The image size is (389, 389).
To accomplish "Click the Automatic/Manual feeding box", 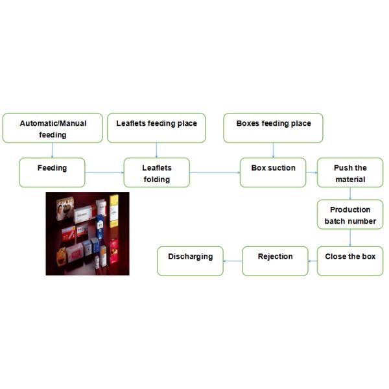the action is pyautogui.click(x=53, y=128).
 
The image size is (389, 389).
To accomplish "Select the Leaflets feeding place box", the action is pyautogui.click(x=156, y=128).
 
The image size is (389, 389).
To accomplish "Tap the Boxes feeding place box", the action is pyautogui.click(x=274, y=128).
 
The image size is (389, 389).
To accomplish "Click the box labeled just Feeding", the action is pyautogui.click(x=52, y=172).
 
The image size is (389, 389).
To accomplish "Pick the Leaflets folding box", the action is pyautogui.click(x=157, y=172).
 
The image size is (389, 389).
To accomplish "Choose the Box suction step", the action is pyautogui.click(x=273, y=172).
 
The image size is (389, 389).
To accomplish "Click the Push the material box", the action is pyautogui.click(x=350, y=172).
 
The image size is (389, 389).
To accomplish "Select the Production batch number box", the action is pyautogui.click(x=350, y=215).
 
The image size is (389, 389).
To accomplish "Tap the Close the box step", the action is pyautogui.click(x=350, y=261).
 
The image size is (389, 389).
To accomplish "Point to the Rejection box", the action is pyautogui.click(x=275, y=261).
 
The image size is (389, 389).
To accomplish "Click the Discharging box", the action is pyautogui.click(x=191, y=261).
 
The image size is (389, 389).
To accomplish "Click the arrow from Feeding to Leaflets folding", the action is pyautogui.click(x=104, y=172).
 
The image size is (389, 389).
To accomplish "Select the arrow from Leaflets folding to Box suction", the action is pyautogui.click(x=215, y=172).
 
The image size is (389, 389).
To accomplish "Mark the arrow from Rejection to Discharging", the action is pyautogui.click(x=233, y=261).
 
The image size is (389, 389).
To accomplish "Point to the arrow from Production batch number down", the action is pyautogui.click(x=350, y=238).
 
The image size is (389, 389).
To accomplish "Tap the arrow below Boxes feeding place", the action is pyautogui.click(x=274, y=150).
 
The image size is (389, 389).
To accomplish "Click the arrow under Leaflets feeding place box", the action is pyautogui.click(x=156, y=150).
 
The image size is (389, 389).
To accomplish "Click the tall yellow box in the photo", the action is pyautogui.click(x=114, y=211).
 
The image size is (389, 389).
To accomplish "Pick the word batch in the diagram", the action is pyautogui.click(x=335, y=221).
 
